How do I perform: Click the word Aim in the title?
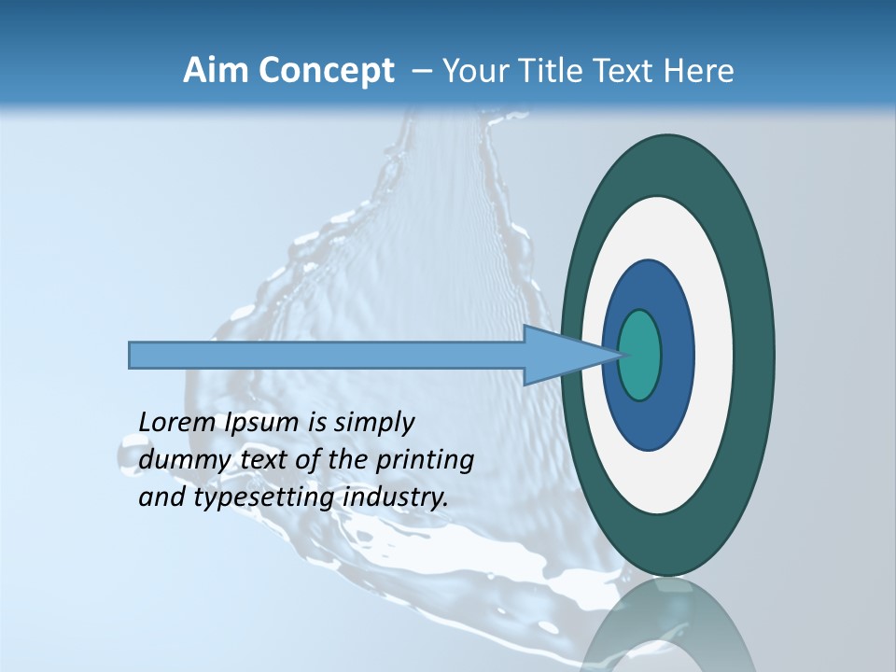216,71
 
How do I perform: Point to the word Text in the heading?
626,71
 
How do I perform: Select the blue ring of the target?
678,355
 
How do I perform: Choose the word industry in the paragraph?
396,497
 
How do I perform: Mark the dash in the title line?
420,72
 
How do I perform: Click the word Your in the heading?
471,71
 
